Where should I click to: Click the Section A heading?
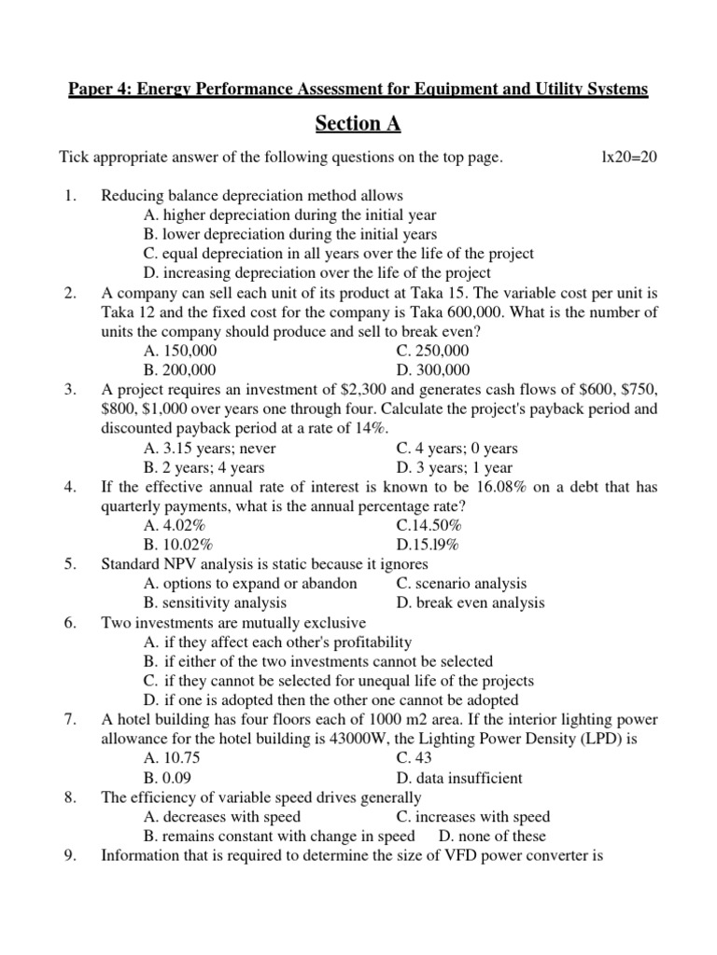tap(358, 123)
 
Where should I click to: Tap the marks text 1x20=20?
tap(630, 158)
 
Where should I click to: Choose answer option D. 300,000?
tap(433, 370)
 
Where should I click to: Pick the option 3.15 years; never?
tap(210, 449)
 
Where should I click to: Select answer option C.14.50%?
tap(428, 526)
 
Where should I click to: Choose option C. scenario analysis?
tap(461, 584)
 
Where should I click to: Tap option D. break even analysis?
tap(470, 602)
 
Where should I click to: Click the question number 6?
tap(70, 623)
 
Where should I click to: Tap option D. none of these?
tap(492, 837)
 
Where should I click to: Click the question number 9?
tap(70, 855)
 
